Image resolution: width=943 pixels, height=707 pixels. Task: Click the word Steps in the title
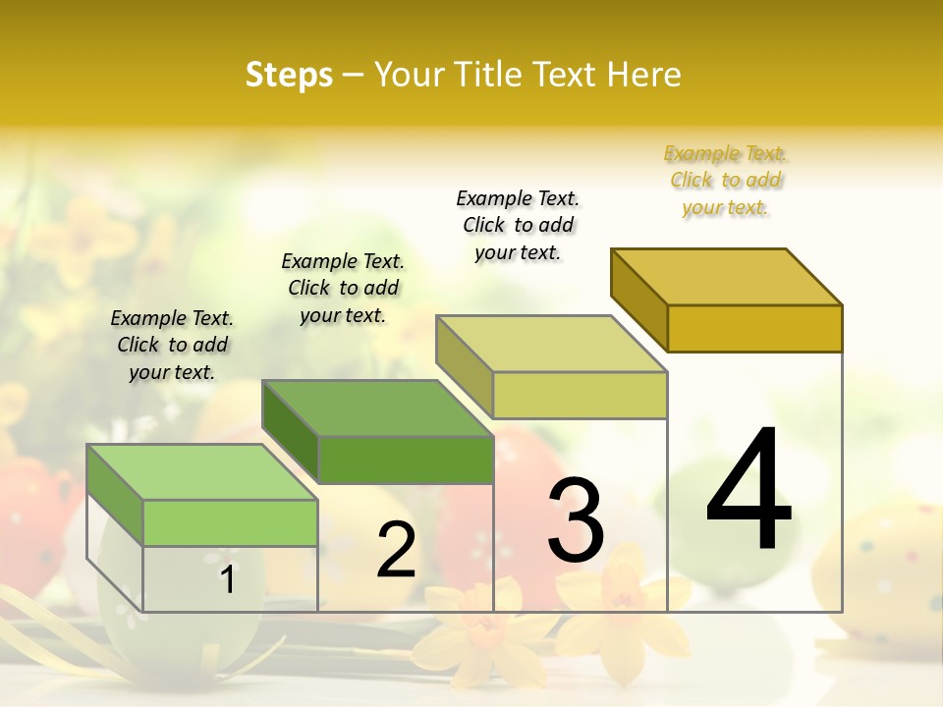click(x=289, y=75)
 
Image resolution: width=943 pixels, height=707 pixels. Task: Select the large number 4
click(x=749, y=491)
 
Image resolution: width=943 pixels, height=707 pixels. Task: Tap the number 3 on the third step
click(x=576, y=520)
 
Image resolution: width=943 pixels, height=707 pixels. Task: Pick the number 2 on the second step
click(x=396, y=551)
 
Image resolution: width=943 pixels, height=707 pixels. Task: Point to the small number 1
click(x=228, y=580)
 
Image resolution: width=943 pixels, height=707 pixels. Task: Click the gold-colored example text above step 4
click(x=725, y=181)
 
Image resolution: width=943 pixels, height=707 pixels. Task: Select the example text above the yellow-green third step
click(x=518, y=226)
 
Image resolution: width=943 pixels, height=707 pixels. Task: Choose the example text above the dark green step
click(x=343, y=289)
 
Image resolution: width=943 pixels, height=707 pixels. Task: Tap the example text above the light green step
click(x=172, y=346)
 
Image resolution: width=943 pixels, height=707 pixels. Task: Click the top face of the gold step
click(x=727, y=277)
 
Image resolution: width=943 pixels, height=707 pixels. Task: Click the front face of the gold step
click(x=754, y=328)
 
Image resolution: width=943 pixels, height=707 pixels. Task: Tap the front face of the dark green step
click(x=406, y=460)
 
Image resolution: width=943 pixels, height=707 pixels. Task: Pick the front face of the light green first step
click(x=230, y=522)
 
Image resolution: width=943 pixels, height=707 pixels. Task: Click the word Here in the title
click(x=644, y=75)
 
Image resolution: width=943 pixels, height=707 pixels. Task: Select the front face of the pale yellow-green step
click(x=580, y=395)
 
